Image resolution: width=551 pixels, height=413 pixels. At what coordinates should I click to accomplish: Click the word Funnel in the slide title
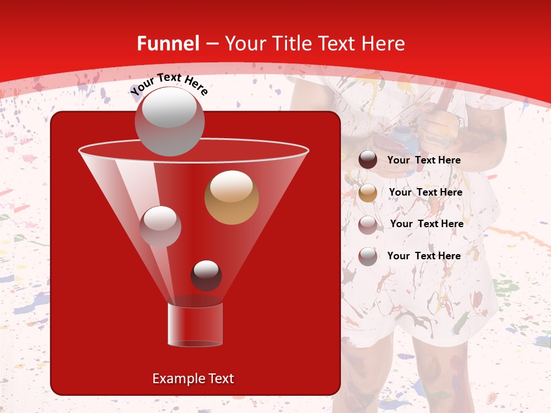coord(168,44)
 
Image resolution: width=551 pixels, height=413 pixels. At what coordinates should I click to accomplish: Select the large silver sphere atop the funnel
coord(169,121)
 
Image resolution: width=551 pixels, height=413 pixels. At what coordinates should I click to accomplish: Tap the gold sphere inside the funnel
coord(231,197)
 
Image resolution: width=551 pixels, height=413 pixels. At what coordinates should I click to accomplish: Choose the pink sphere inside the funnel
coord(160,226)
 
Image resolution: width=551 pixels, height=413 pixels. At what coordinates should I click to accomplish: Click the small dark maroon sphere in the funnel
coord(206,275)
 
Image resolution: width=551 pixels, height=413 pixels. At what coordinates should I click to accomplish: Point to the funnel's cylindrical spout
coord(195,324)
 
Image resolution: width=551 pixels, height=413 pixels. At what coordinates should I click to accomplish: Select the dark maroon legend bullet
coord(368,160)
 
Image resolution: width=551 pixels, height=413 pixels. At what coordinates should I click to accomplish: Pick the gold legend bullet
coord(368,193)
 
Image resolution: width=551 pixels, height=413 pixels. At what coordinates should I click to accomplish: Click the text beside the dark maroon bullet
coord(424,161)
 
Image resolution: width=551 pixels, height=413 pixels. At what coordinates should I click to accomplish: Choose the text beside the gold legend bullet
coord(425,192)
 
